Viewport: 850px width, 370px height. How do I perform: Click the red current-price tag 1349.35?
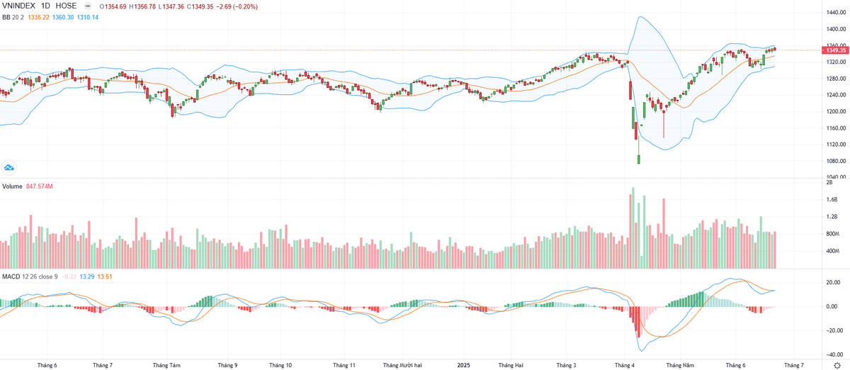tap(832, 50)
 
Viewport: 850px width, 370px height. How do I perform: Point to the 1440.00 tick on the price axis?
tap(832, 13)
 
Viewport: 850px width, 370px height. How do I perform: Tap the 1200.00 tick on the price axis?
tap(832, 111)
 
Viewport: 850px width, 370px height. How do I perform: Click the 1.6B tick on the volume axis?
tap(832, 200)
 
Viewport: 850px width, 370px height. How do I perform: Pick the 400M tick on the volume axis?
tap(832, 251)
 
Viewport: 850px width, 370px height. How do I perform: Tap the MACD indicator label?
tap(10, 275)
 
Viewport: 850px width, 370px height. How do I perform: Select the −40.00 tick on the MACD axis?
tap(831, 354)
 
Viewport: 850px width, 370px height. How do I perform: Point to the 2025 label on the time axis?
tap(463, 365)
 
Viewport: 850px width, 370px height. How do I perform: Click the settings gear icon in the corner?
tap(837, 365)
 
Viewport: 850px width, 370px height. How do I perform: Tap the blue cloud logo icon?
tap(10, 168)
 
